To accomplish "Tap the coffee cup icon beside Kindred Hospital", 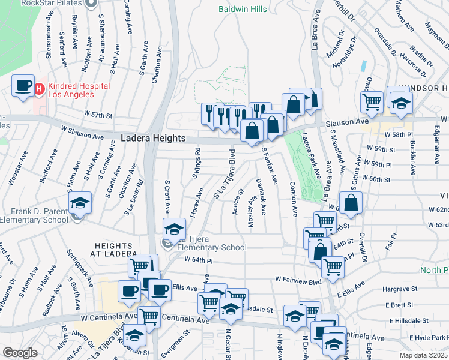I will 23,86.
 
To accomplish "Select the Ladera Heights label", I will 153,138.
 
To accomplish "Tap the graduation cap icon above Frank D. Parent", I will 79,203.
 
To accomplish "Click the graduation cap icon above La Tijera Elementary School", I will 174,229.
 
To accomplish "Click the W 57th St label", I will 98,114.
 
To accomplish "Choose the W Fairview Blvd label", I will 298,279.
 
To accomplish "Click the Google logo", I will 19,353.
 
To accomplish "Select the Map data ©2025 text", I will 423,355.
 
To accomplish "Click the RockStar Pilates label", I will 50,3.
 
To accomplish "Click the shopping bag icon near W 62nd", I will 351,203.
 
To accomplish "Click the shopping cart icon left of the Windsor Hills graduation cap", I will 372,102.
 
